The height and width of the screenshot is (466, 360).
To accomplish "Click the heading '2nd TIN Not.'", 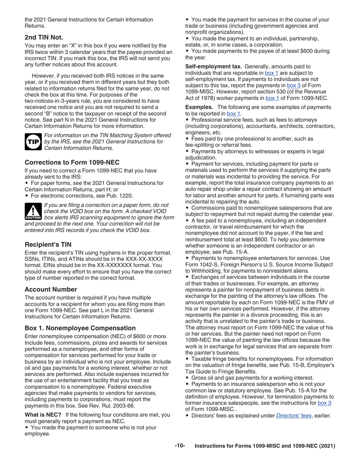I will click(44, 37).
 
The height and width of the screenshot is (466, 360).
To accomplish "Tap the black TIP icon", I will click(33, 141).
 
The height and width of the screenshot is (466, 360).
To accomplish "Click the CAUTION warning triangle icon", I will click(33, 212).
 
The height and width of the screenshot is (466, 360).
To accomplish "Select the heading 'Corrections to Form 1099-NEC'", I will click(72, 162).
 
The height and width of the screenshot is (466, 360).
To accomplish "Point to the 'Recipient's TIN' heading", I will click(48, 244).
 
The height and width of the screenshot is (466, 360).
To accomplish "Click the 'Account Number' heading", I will click(51, 289).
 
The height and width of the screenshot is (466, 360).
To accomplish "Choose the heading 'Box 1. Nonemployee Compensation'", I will click(80, 328).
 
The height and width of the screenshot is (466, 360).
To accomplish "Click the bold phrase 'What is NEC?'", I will click(43, 415).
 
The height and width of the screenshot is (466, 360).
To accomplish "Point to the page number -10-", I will click(180, 446).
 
